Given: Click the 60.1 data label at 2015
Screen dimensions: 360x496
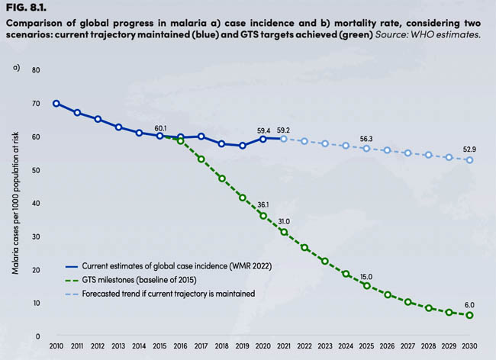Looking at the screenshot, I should click(160, 128).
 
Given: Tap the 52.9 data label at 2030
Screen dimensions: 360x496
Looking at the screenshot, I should click(469, 149).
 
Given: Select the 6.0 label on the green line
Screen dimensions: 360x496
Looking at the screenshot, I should click(469, 304).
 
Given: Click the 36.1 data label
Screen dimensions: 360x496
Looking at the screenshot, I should click(263, 204).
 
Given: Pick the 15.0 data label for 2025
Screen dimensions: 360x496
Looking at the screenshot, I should click(366, 276).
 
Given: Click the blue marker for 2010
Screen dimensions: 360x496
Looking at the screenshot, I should click(56, 103).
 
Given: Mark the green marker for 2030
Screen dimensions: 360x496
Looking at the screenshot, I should click(469, 315).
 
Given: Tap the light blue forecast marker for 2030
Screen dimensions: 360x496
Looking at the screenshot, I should click(469, 159).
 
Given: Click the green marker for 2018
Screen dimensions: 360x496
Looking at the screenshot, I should click(222, 178).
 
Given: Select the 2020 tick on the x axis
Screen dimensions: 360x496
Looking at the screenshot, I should click(263, 347).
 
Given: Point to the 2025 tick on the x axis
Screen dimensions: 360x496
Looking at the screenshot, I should click(366, 347).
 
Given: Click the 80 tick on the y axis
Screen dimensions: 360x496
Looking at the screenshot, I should click(36, 70).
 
